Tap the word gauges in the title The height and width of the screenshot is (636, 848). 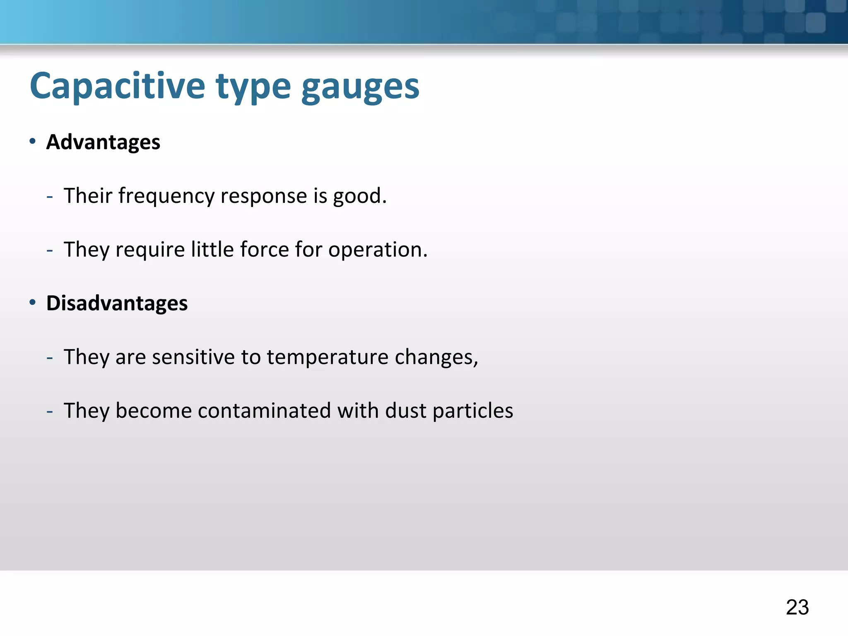[360, 88]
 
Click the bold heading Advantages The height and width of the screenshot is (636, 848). [103, 142]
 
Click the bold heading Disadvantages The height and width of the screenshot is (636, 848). [117, 303]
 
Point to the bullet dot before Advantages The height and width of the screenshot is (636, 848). [33, 142]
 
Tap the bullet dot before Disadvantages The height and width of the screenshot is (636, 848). [33, 303]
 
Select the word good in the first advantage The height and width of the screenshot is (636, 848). [357, 196]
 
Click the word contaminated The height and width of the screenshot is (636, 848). [264, 411]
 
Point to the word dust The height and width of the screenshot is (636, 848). [405, 411]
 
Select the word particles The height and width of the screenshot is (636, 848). [472, 411]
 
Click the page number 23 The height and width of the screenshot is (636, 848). [797, 607]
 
